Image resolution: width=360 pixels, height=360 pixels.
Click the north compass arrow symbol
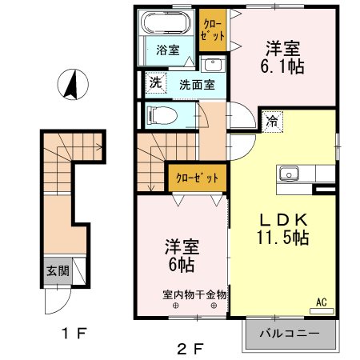tap(70, 83)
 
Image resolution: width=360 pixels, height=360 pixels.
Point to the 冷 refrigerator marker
tap(273, 122)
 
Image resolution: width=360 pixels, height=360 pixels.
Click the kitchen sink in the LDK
tap(288, 174)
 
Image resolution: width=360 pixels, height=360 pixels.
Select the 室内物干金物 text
tap(195, 294)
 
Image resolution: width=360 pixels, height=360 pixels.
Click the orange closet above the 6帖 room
tap(196, 177)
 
